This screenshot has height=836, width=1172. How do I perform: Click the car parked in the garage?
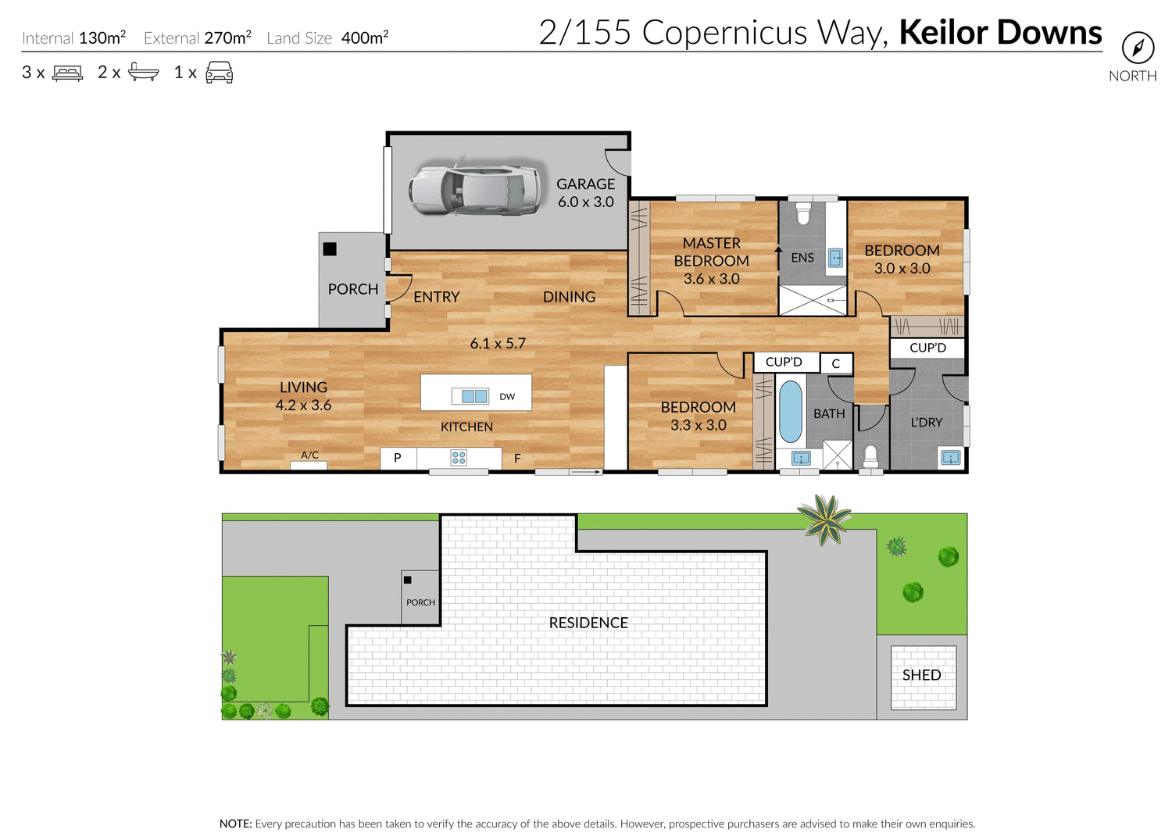tap(474, 190)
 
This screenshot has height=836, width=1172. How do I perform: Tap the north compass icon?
tap(1138, 48)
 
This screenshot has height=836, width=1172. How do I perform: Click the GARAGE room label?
tap(585, 184)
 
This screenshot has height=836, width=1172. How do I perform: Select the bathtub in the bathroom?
tap(791, 412)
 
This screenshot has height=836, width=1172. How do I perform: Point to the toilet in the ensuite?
tap(803, 213)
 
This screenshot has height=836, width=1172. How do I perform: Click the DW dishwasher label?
tap(507, 397)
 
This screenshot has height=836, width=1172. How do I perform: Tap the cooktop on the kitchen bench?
tap(459, 458)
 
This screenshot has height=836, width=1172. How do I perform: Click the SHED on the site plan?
tap(923, 676)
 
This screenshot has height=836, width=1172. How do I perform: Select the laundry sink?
tap(950, 458)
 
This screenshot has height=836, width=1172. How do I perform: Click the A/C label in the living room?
tap(309, 456)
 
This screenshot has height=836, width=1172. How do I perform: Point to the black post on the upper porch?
tap(330, 249)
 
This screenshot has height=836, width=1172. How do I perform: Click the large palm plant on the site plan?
tap(824, 520)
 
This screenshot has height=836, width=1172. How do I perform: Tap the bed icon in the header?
tap(67, 73)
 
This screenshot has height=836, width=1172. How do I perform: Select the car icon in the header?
tap(219, 73)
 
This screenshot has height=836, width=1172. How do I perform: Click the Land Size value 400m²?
tap(365, 38)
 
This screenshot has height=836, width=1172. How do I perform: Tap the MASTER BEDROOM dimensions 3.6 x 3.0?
tap(711, 279)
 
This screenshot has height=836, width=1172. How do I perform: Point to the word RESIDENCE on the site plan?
tap(588, 623)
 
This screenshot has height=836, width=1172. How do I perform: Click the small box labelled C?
tap(835, 363)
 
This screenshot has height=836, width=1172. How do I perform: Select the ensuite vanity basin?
tap(835, 258)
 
